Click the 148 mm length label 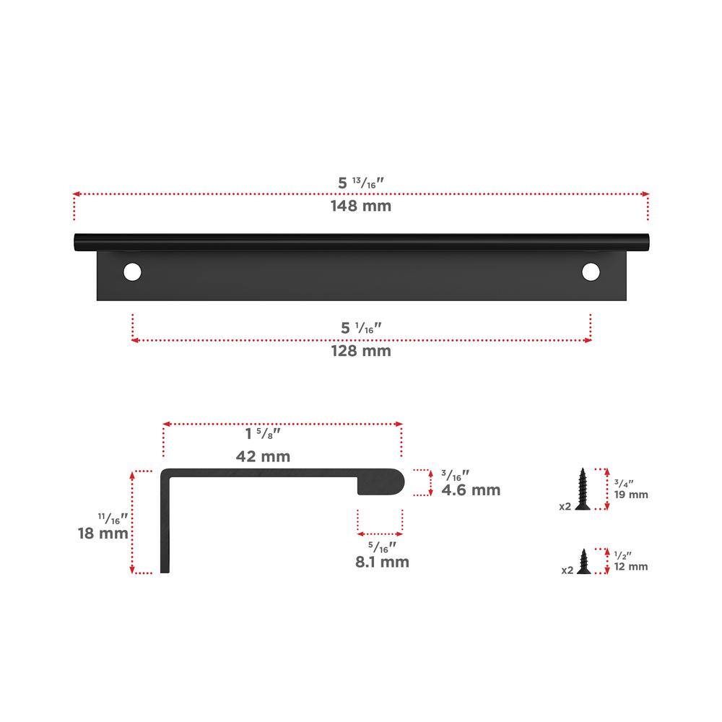(x=361, y=206)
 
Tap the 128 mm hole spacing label (x=361, y=351)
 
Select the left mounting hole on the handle (x=132, y=272)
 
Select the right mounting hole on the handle (x=591, y=272)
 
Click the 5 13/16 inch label (x=361, y=183)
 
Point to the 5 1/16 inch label (x=362, y=328)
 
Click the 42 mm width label (x=263, y=456)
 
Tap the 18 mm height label (x=103, y=534)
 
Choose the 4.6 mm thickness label (x=471, y=490)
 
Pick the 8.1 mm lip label (x=382, y=562)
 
